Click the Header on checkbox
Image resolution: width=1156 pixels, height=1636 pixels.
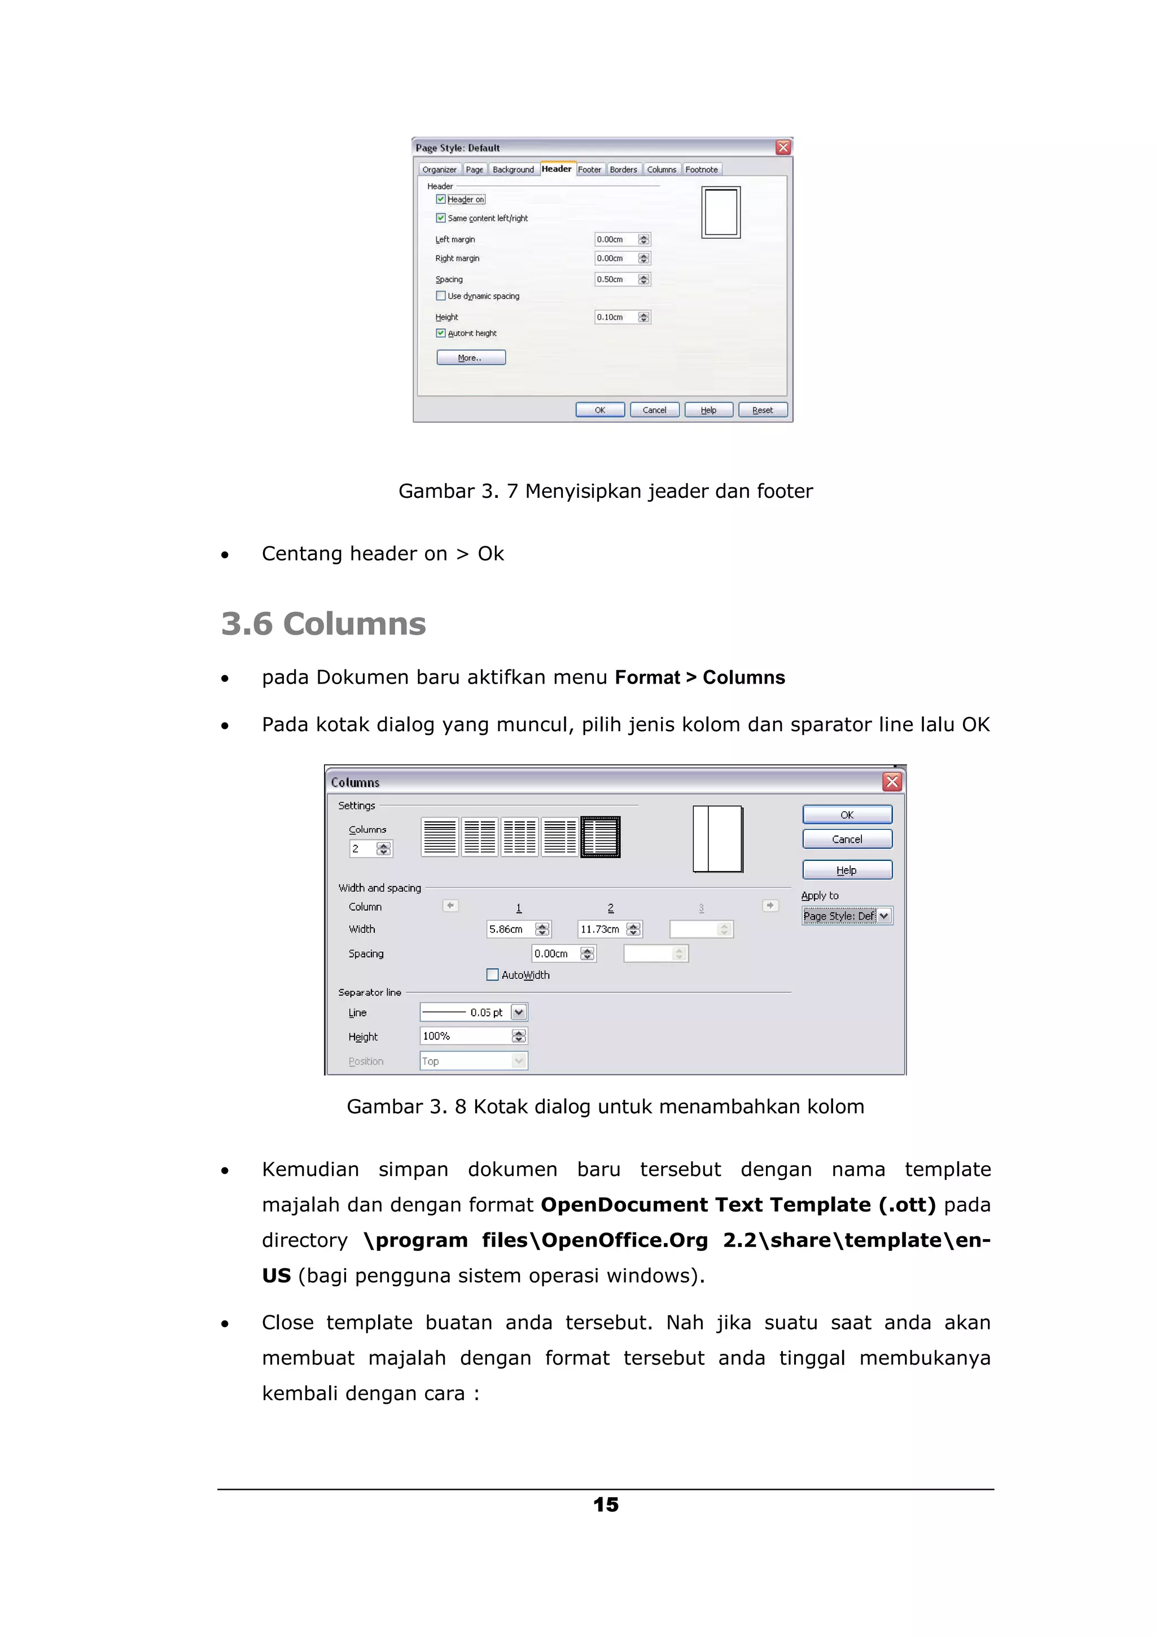[x=441, y=199]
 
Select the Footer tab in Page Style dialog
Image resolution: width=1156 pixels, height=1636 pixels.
[x=589, y=169]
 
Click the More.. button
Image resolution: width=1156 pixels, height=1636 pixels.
[x=471, y=358]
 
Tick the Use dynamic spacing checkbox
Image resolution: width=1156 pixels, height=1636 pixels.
[x=441, y=296]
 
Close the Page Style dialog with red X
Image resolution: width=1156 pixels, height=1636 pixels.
[x=783, y=147]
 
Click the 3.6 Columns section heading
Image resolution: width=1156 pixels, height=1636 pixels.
[x=323, y=623]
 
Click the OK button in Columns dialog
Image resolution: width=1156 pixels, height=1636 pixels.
[x=847, y=815]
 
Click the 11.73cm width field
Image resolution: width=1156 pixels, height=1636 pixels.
[x=601, y=929]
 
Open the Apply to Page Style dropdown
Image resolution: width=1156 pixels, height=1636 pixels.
[x=884, y=916]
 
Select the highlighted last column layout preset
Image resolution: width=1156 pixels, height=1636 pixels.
[x=601, y=837]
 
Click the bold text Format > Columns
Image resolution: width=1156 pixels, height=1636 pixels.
[x=699, y=677]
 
